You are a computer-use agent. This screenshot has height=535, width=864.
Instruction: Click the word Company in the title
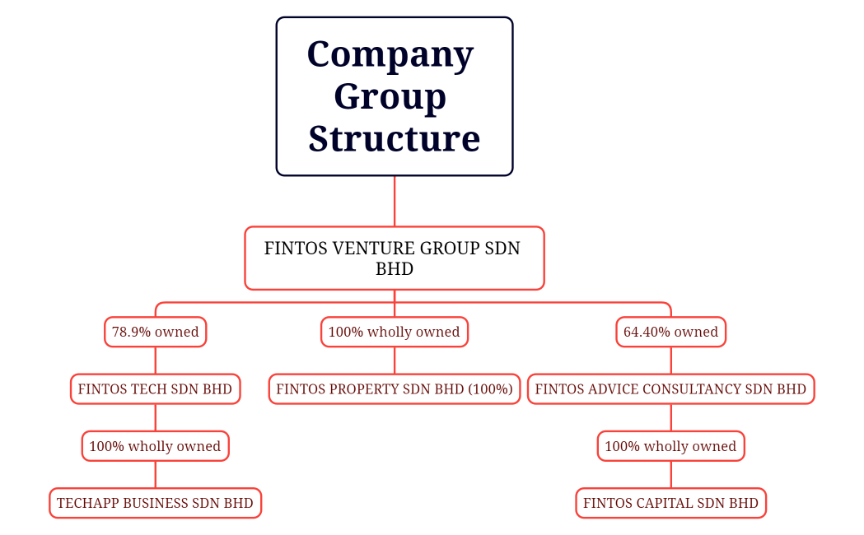pos(390,55)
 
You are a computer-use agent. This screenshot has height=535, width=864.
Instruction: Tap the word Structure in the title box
pos(394,138)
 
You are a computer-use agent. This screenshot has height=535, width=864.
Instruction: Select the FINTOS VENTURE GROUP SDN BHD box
pos(394,258)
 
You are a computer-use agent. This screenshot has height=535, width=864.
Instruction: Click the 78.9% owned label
pos(155,333)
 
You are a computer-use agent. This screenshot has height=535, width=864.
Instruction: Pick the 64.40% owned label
pos(670,333)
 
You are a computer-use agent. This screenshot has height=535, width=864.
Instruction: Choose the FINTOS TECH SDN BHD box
pos(155,389)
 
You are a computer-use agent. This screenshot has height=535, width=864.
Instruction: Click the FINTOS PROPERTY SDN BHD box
pos(394,389)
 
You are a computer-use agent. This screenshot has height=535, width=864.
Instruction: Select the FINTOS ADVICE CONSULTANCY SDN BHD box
pos(670,389)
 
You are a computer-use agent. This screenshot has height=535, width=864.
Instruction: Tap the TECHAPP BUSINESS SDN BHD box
pos(155,503)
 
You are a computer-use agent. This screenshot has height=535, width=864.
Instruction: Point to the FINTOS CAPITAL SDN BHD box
pos(670,503)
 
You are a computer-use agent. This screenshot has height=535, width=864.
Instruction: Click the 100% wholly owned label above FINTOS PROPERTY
pos(394,333)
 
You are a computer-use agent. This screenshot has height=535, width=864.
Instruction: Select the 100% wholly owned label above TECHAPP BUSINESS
pos(155,446)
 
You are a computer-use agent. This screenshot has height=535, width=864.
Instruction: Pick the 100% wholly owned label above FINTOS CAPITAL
pos(670,446)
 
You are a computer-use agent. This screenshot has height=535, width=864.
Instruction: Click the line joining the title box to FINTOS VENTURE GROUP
pos(395,201)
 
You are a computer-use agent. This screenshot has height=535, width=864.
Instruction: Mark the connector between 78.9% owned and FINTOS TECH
pos(156,361)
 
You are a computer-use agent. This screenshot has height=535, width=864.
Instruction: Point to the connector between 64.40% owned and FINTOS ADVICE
pos(670,361)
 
